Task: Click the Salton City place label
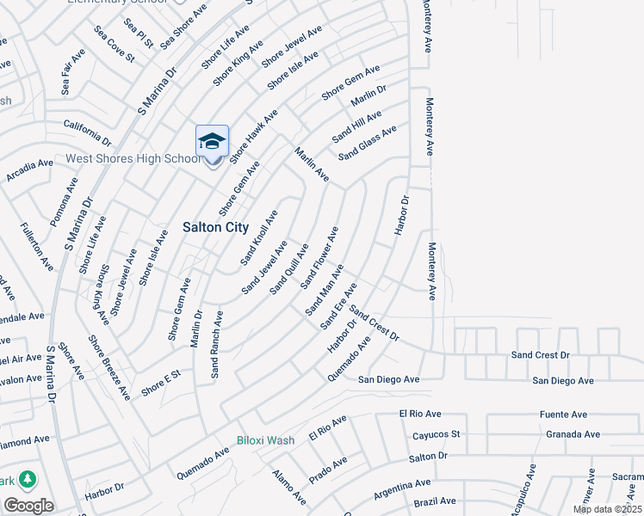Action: pos(215,227)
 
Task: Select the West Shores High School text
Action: pos(133,159)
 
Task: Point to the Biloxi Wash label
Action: pos(266,440)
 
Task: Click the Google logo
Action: pos(28,506)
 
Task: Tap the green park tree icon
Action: pos(28,478)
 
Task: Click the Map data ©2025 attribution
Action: pos(607,509)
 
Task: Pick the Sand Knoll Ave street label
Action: pos(259,236)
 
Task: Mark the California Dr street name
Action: pos(88,132)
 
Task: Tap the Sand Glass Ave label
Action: pos(367,143)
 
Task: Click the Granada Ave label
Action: pos(573,434)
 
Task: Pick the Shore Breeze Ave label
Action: pos(109,366)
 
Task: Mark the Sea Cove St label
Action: pos(115,45)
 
